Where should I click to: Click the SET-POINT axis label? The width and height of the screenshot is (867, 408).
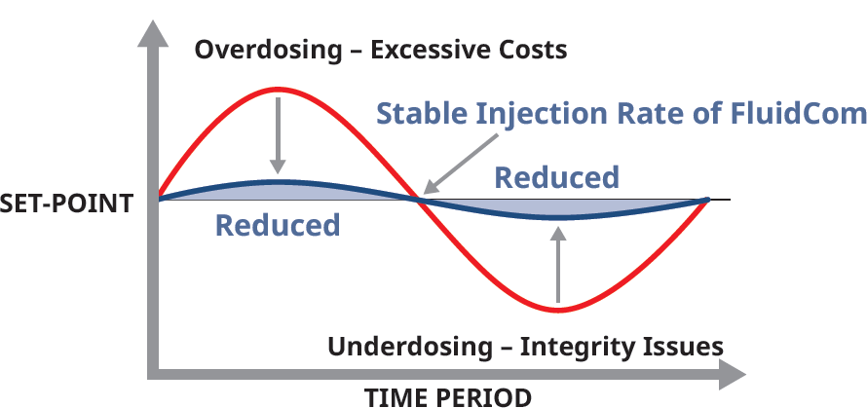(x=66, y=204)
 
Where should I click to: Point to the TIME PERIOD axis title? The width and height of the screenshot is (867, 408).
(x=448, y=396)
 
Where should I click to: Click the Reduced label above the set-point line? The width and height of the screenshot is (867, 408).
(x=556, y=177)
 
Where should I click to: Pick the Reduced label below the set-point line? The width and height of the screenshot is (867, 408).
(x=278, y=225)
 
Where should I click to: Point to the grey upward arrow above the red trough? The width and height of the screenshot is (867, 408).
(x=557, y=264)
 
